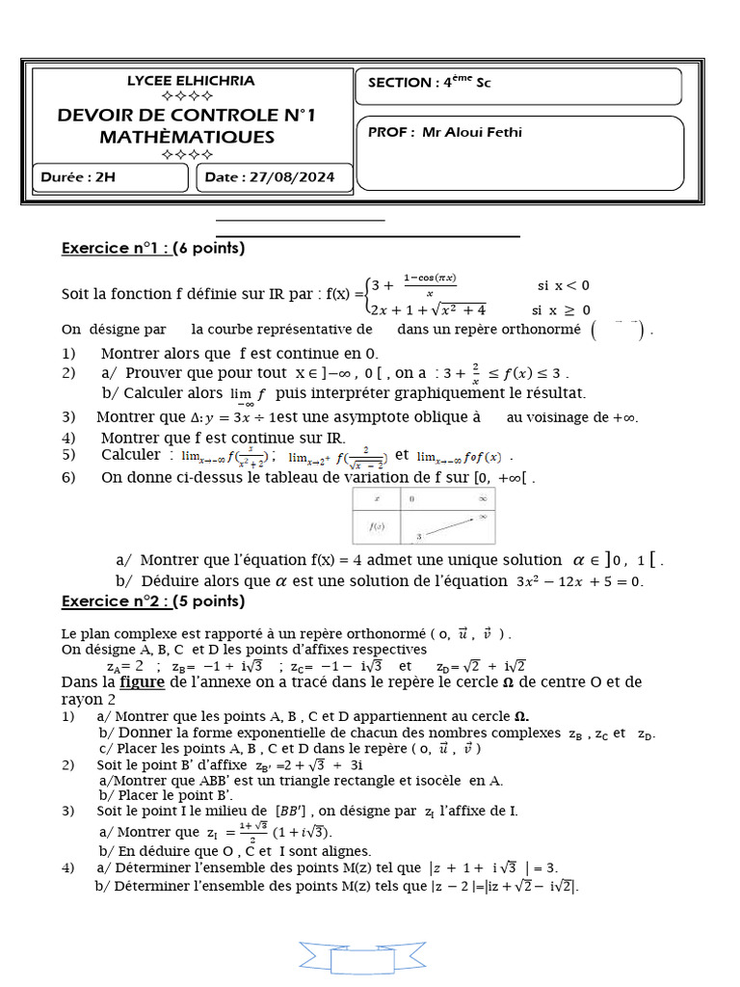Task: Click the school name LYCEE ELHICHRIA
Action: pyautogui.click(x=191, y=81)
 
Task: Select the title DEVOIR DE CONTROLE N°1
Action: pyautogui.click(x=187, y=116)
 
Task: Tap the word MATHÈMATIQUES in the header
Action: pyautogui.click(x=187, y=137)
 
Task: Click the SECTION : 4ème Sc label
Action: pyautogui.click(x=430, y=83)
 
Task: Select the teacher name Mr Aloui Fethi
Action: pyautogui.click(x=472, y=132)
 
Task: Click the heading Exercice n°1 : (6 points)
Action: pyautogui.click(x=153, y=249)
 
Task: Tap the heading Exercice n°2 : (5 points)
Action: pyautogui.click(x=153, y=601)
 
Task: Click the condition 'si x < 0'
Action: pyautogui.click(x=564, y=285)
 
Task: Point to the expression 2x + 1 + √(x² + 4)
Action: pyautogui.click(x=429, y=309)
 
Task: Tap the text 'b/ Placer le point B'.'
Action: pyautogui.click(x=166, y=795)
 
